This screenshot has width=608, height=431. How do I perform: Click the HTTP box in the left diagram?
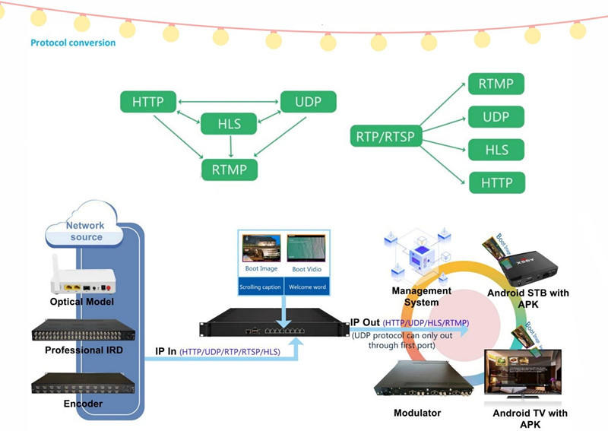148,102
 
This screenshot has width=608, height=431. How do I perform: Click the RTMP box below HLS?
229,170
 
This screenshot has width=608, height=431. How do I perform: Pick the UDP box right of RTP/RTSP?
496,117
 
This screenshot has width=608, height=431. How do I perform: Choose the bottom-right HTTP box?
496,182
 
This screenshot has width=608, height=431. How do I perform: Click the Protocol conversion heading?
73,43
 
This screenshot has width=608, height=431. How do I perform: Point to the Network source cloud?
85,231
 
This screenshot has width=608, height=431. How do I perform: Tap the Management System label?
416,296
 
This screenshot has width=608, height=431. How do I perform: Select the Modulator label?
417,413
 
